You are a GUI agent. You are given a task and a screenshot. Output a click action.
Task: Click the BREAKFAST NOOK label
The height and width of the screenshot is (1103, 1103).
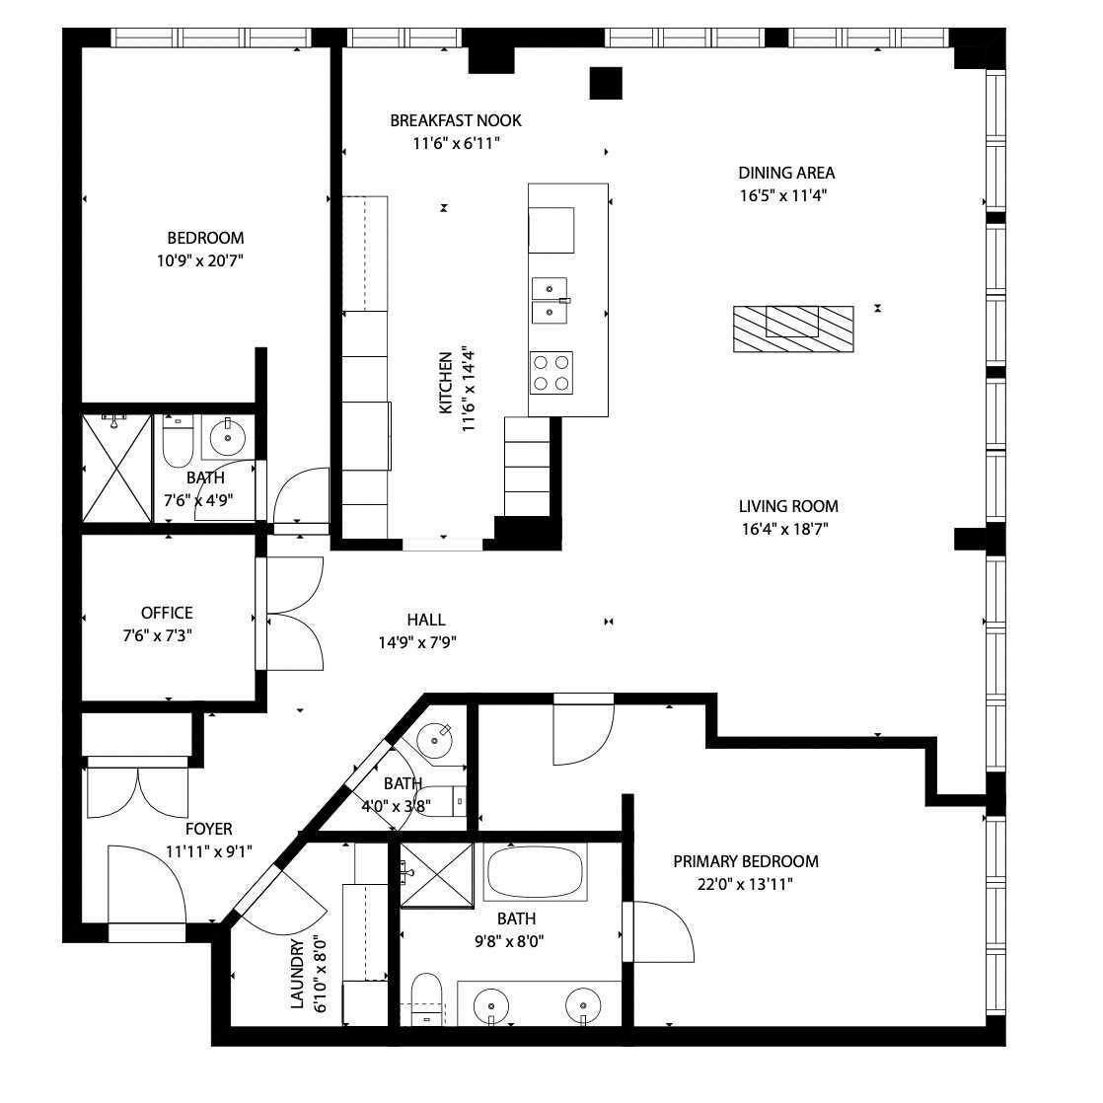[456, 120]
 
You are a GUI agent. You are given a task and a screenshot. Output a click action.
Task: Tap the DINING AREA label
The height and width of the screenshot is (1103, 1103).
[786, 173]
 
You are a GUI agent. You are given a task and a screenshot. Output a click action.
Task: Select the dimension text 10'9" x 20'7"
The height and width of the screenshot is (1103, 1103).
[199, 261]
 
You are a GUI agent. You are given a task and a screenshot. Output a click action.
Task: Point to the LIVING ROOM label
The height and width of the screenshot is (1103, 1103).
[788, 506]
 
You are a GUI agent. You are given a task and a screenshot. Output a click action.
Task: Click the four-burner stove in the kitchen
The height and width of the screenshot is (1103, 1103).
[551, 373]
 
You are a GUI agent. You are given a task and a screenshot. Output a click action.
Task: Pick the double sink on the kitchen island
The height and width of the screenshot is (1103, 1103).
[550, 300]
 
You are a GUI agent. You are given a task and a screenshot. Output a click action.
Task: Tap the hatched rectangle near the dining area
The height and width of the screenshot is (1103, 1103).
[793, 329]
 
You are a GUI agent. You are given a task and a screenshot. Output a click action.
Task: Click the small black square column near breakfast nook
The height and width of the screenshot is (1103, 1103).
[606, 83]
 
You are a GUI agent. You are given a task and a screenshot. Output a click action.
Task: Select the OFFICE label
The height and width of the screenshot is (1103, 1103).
[167, 613]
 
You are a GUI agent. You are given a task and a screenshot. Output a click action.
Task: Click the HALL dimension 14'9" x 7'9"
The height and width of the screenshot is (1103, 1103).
[418, 642]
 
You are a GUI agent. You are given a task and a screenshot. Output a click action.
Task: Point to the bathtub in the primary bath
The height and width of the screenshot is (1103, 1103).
[535, 872]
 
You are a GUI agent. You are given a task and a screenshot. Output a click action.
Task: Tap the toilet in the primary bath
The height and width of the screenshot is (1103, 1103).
[425, 998]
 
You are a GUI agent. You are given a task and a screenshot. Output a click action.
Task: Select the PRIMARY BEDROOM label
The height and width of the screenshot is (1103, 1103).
[746, 861]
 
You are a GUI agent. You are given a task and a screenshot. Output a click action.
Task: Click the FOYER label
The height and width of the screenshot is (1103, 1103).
[209, 829]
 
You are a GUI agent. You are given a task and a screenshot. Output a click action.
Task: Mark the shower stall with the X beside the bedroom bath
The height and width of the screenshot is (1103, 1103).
[117, 468]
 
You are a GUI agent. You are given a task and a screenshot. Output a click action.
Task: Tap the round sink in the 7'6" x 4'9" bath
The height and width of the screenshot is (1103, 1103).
[227, 437]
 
